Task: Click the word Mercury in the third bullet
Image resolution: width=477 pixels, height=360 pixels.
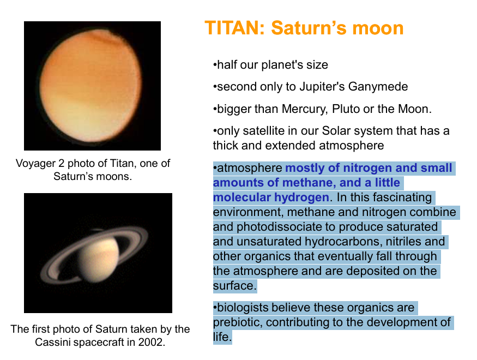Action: (x=303, y=109)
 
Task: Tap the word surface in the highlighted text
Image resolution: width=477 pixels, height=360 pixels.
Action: (x=233, y=286)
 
